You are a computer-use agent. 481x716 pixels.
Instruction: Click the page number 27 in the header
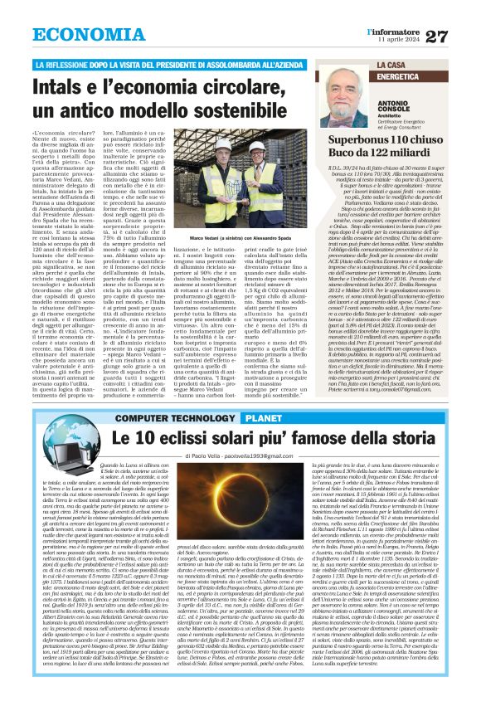[459, 36]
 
